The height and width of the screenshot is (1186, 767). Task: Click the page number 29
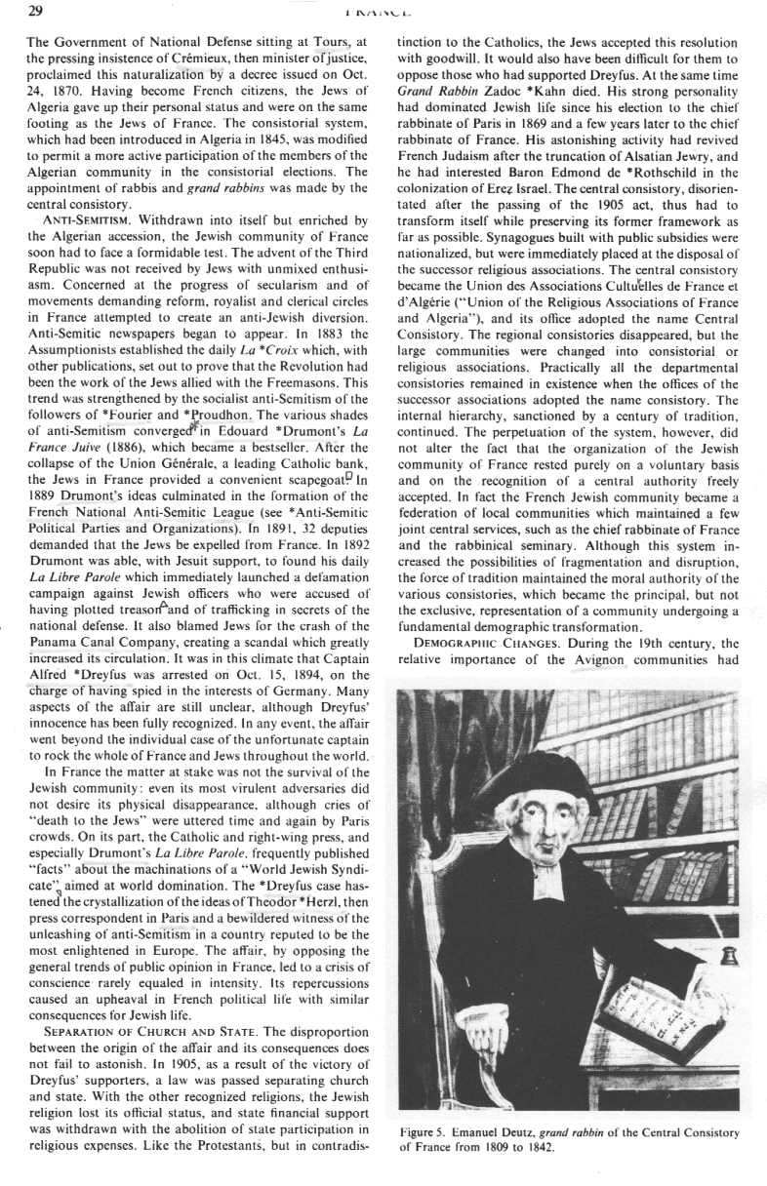click(19, 11)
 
